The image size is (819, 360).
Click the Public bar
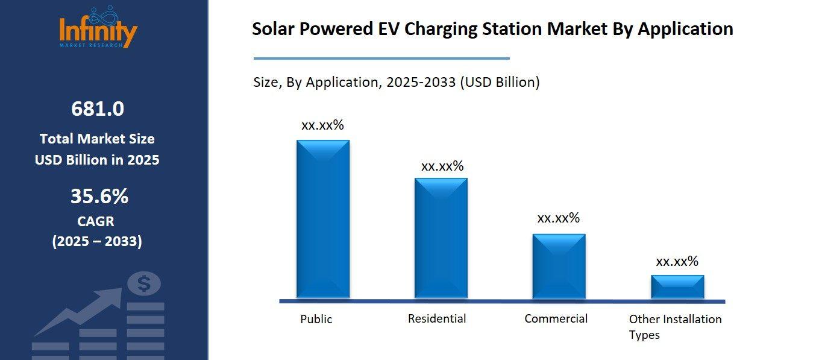pos(322,219)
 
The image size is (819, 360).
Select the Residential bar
pos(441,238)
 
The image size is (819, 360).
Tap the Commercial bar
pos(559,266)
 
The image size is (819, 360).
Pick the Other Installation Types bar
pos(677,286)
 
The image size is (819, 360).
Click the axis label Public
pos(316,319)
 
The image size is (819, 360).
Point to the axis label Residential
pos(437,318)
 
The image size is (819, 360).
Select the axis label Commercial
pos(556,318)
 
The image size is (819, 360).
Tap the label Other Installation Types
pos(675,326)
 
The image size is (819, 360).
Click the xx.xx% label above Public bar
pos(322,125)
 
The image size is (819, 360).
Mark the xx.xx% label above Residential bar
pos(442,166)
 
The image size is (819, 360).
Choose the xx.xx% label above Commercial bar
pos(558,218)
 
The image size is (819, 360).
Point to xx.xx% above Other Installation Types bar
pos(677,262)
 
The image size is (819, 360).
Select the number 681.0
pos(98,109)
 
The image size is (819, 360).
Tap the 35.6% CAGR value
pos(99,197)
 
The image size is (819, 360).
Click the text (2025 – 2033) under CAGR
pos(97,242)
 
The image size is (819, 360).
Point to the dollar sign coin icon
pos(143,283)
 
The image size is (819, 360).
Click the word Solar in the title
pos(274,29)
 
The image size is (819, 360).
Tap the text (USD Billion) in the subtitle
pos(500,82)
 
